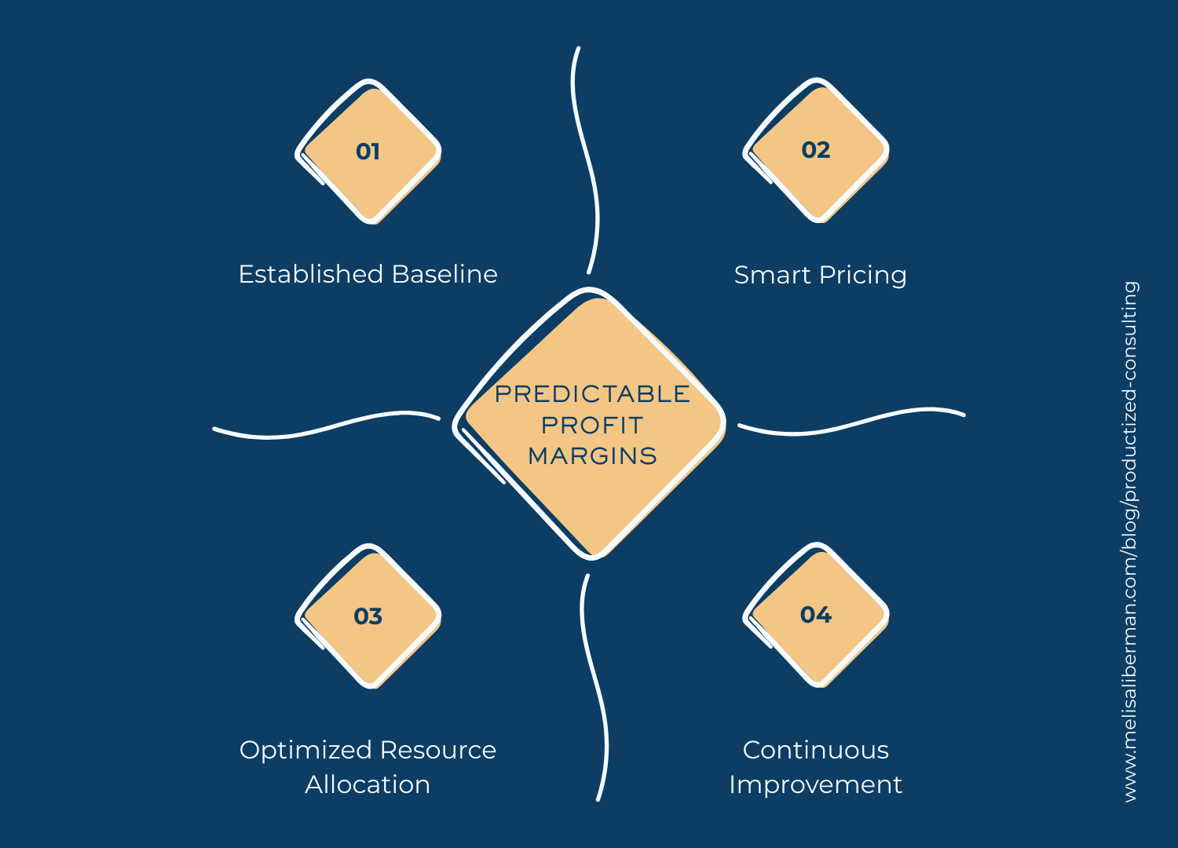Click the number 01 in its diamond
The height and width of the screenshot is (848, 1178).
click(x=368, y=151)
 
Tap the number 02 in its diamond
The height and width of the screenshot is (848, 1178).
click(x=816, y=150)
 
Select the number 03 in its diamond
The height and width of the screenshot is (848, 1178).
click(x=368, y=616)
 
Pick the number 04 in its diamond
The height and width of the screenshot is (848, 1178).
click(x=816, y=615)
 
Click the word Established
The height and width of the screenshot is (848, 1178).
click(x=311, y=274)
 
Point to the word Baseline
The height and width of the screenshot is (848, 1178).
click(x=444, y=274)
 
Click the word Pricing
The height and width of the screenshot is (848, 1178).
click(x=863, y=276)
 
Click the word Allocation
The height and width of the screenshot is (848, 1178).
click(x=368, y=784)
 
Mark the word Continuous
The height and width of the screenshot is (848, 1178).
click(x=816, y=750)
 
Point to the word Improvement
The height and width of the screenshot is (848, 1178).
click(x=816, y=784)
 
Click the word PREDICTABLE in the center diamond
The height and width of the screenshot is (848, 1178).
click(x=592, y=393)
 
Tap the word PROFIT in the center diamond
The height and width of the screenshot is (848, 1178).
click(x=592, y=425)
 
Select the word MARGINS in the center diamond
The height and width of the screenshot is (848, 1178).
click(x=592, y=455)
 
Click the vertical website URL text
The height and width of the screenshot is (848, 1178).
click(x=1130, y=542)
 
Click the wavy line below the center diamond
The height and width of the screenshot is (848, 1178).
click(x=597, y=691)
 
